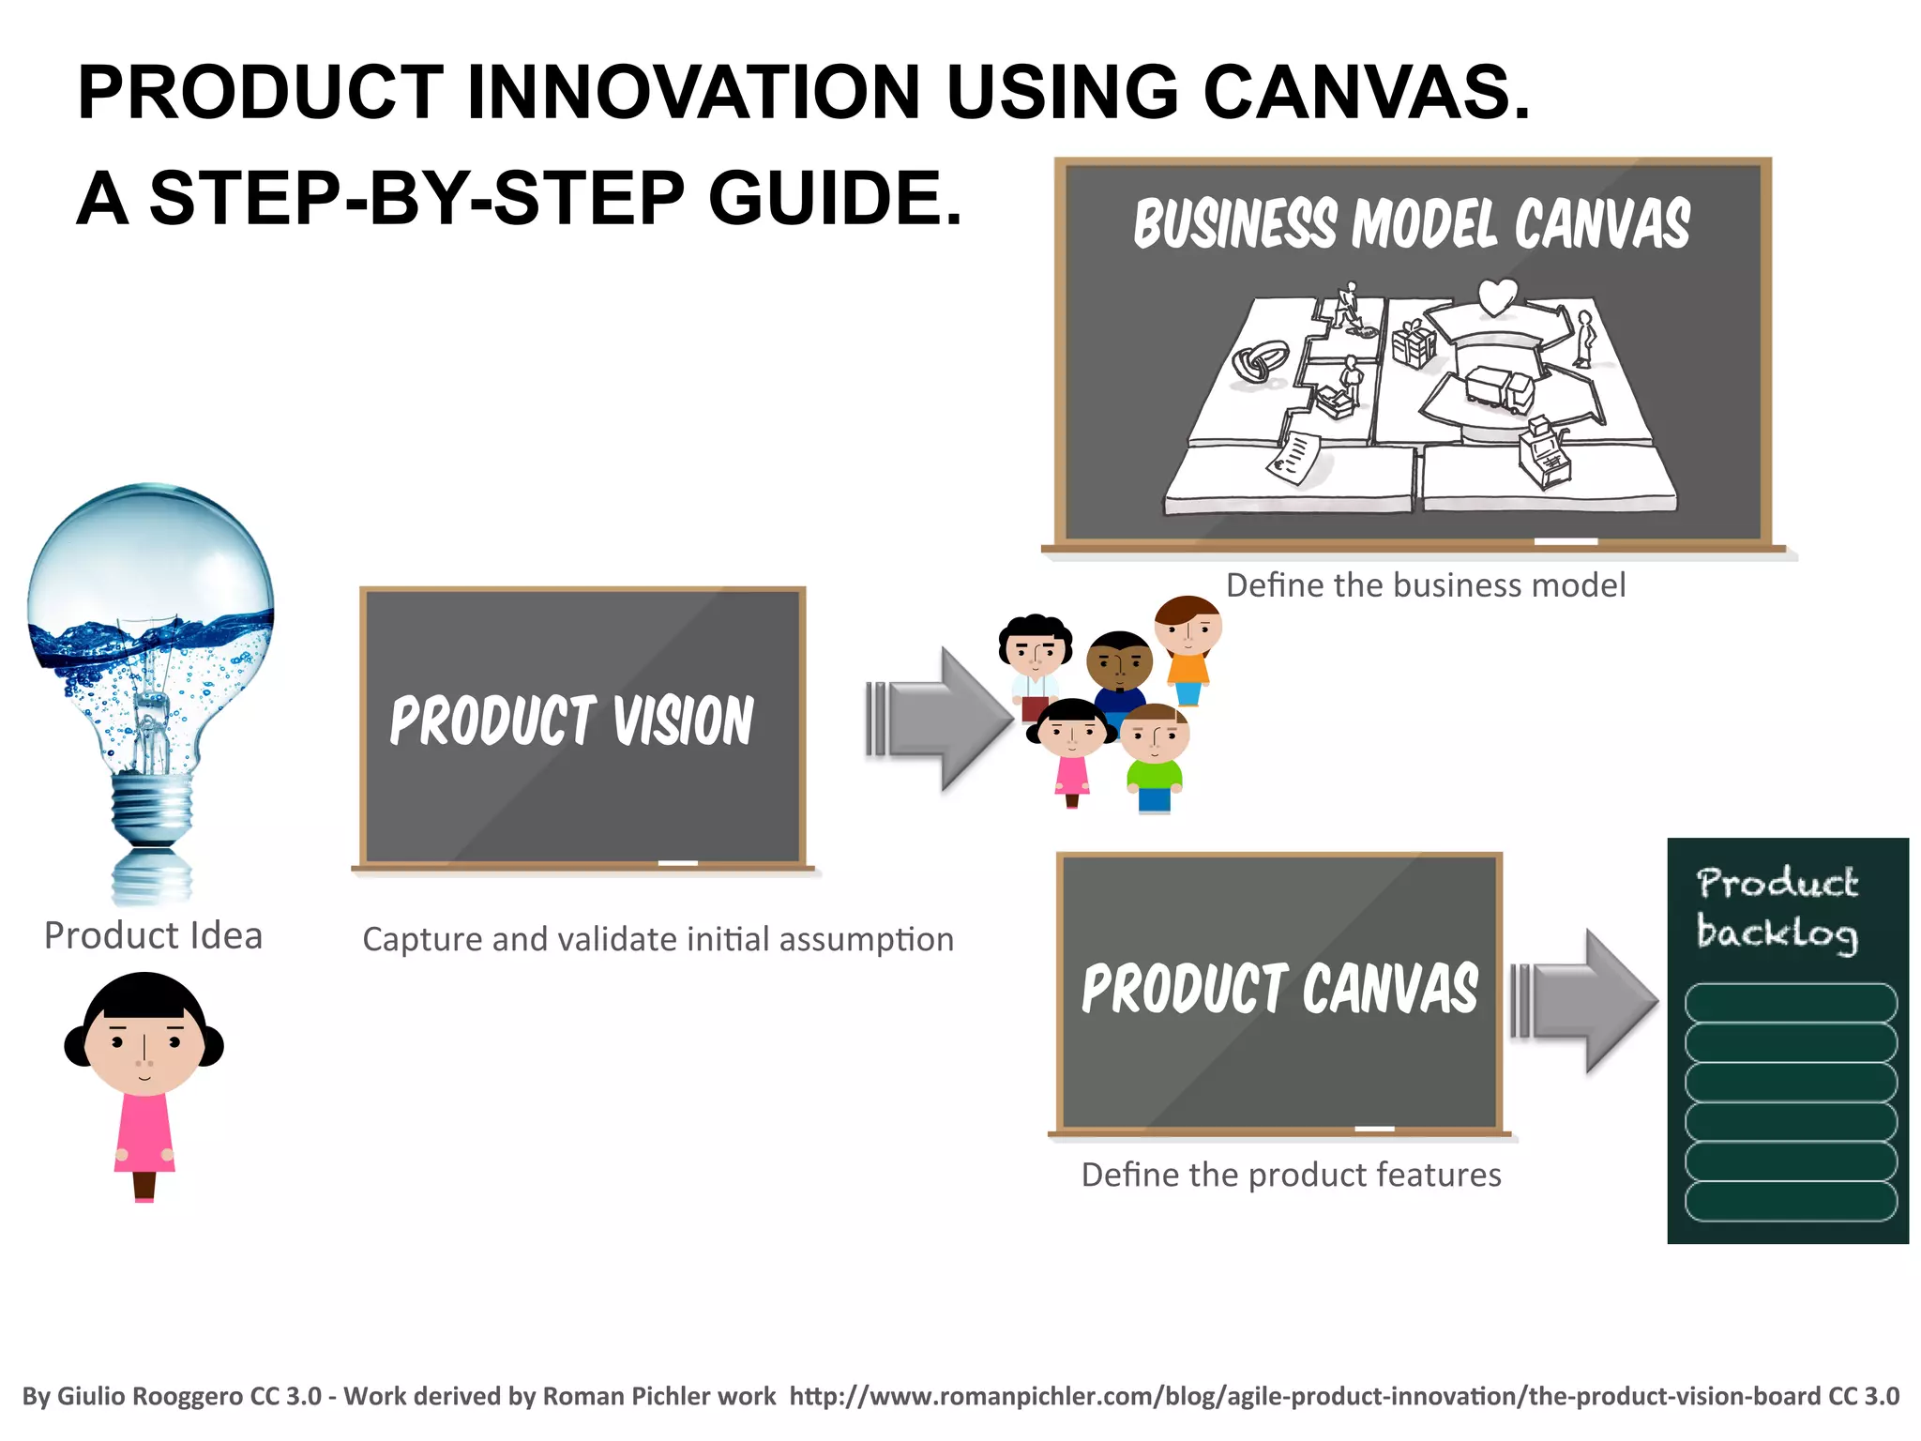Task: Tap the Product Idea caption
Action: point(153,935)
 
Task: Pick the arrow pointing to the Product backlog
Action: point(1585,1001)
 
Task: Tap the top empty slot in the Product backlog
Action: point(1790,1003)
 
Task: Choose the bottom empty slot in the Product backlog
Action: point(1790,1201)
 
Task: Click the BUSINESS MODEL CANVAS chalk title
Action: point(1412,225)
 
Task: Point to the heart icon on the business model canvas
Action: point(1496,297)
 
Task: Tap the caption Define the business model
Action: point(1426,585)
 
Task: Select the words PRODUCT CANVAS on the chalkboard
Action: point(1279,989)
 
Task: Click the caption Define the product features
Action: point(1291,1175)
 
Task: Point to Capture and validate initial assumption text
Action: point(658,939)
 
